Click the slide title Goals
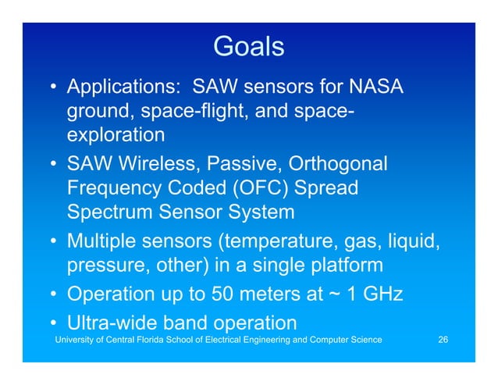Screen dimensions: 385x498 pyautogui.click(x=248, y=46)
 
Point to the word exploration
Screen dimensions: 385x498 pyautogui.click(x=115, y=134)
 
